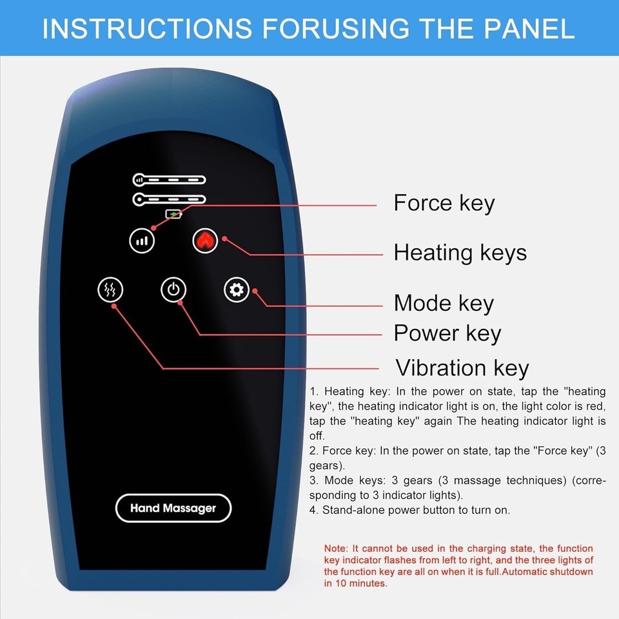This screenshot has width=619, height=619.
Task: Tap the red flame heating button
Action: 205,241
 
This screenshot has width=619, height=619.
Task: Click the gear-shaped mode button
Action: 237,290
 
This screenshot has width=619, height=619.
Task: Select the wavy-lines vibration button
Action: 110,290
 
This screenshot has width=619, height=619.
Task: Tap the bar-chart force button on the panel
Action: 142,241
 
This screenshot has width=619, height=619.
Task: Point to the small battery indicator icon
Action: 173,214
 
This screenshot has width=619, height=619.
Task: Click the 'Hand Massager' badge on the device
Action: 173,508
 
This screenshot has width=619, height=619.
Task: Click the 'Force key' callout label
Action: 444,203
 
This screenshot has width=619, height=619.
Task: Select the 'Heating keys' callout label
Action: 460,253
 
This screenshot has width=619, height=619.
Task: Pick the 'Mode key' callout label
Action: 444,303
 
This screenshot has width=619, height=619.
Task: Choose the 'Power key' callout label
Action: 447,333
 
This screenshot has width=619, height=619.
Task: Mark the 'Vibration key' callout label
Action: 462,368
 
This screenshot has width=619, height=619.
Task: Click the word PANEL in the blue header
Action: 529,28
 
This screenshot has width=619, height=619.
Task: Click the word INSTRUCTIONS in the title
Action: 147,28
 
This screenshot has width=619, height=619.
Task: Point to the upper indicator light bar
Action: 170,180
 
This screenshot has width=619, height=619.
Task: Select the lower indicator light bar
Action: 170,199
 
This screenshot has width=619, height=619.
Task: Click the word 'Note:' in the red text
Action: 337,548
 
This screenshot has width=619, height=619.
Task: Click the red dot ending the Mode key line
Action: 255,291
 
